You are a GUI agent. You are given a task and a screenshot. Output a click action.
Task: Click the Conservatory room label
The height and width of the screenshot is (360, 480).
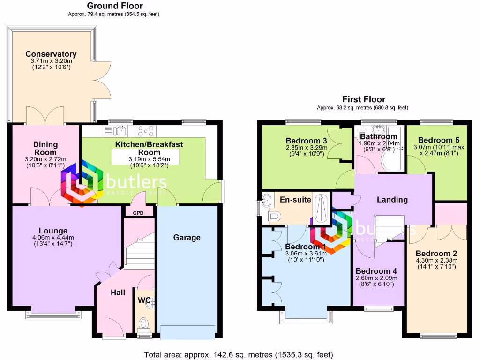pos(51,54)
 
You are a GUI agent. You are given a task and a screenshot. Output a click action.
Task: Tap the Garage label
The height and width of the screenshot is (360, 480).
pos(187,238)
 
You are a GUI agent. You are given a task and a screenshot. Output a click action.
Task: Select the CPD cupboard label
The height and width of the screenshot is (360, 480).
pos(138,212)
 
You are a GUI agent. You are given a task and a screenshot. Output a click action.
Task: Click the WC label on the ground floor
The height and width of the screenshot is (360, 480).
pos(143,300)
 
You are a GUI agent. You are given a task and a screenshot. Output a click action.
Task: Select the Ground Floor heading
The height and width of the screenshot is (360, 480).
pos(115,6)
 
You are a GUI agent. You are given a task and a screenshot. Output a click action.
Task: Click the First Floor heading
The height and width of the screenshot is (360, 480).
pos(364,99)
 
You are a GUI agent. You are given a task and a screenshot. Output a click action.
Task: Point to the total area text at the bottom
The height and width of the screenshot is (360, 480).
pos(240,354)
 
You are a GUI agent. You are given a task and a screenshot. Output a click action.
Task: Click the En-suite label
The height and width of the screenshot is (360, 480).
pos(295,200)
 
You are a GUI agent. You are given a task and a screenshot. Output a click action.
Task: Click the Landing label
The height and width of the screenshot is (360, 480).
pos(392,200)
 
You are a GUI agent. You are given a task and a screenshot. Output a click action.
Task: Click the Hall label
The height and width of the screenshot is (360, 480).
pos(118,292)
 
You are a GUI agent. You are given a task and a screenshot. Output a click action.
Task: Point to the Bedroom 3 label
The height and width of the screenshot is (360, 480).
pos(306,140)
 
